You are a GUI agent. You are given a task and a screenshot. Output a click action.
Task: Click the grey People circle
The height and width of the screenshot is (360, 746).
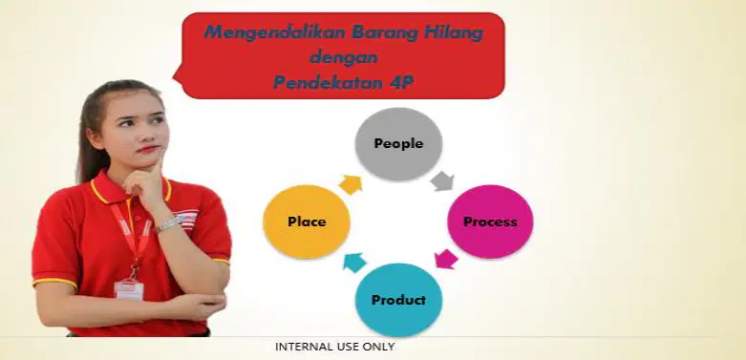(398, 143)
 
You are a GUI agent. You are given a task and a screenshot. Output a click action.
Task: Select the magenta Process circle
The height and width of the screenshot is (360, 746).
(490, 222)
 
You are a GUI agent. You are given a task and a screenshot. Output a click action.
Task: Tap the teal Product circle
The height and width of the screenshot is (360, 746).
(398, 300)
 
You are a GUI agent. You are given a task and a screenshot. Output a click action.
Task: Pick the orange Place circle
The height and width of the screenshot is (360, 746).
(307, 222)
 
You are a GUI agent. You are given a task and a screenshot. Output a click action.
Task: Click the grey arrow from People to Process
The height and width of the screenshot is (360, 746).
(442, 181)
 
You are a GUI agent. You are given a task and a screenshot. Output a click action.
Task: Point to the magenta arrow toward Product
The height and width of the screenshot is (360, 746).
(446, 259)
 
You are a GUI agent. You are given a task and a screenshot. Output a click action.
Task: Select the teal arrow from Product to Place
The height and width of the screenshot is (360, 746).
(355, 263)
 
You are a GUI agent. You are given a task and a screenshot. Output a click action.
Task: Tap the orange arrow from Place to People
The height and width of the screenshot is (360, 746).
(351, 185)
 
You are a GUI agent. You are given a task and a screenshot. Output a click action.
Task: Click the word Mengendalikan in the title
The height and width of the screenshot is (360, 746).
(274, 33)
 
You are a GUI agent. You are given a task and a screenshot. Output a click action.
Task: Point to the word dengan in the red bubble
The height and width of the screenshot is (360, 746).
(344, 57)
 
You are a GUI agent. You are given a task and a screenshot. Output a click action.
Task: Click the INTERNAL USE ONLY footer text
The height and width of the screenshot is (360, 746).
(335, 347)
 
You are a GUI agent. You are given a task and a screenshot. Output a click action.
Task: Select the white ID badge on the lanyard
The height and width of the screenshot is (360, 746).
(129, 289)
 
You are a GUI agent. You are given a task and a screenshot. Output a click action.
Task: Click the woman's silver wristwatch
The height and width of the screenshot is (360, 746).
(168, 223)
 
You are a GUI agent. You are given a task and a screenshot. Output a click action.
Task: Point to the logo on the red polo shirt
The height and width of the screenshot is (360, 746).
(186, 220)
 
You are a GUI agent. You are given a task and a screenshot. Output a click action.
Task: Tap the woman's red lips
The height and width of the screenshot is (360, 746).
(148, 149)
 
